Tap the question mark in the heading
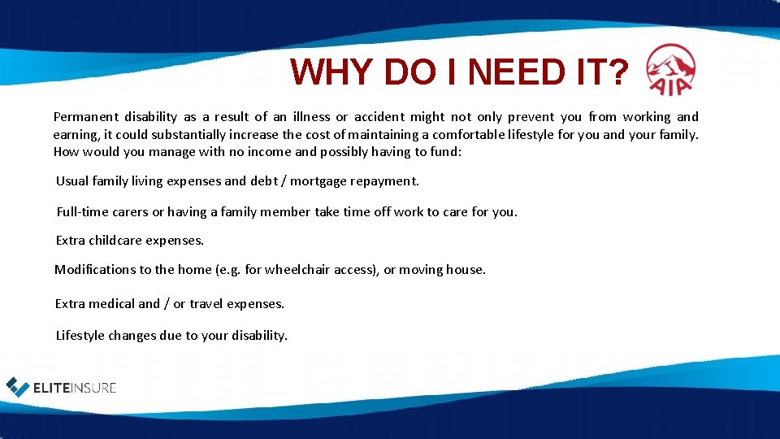point(617,73)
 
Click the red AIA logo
point(669,70)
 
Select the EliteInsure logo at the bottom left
point(62,388)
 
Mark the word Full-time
point(82,212)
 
